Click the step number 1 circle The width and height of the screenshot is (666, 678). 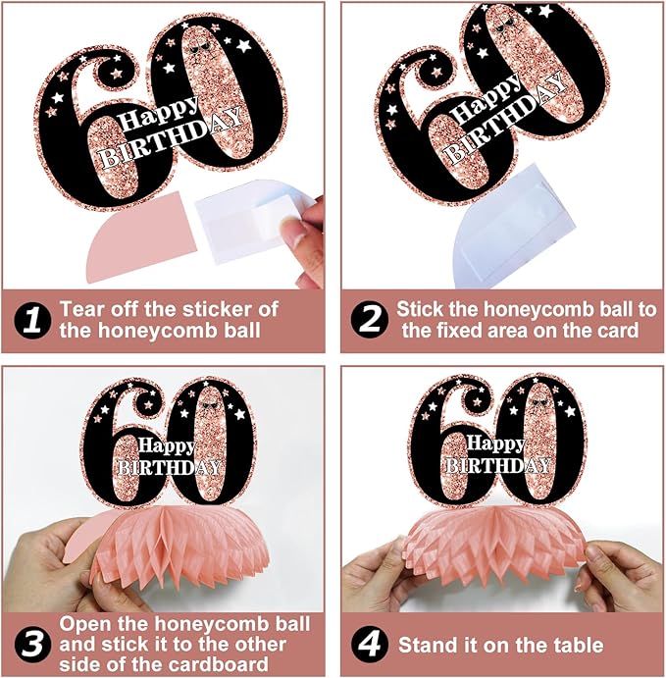32,321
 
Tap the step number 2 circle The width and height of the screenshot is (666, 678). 367,320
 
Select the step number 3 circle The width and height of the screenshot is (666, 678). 32,645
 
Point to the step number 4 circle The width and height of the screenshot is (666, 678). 367,645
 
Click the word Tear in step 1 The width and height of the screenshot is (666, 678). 82,309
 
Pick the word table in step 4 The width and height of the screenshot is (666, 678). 577,645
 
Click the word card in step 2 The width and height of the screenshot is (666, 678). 617,331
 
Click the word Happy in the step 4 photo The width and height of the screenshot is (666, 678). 495,443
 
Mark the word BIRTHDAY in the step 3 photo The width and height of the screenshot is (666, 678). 170,467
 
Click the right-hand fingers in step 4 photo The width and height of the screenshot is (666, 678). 618,571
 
